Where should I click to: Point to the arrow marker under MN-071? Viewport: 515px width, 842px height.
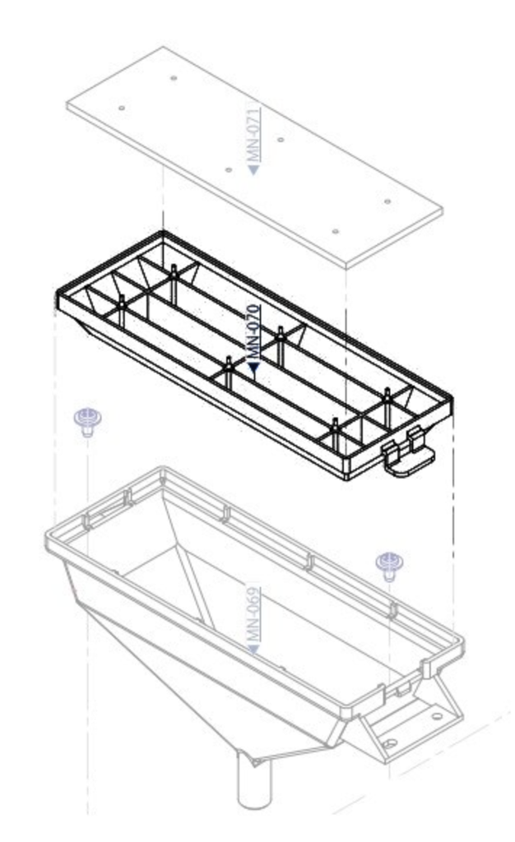[254, 169]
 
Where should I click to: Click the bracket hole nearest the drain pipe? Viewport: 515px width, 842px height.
[389, 743]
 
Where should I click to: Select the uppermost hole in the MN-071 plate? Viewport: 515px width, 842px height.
[173, 78]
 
